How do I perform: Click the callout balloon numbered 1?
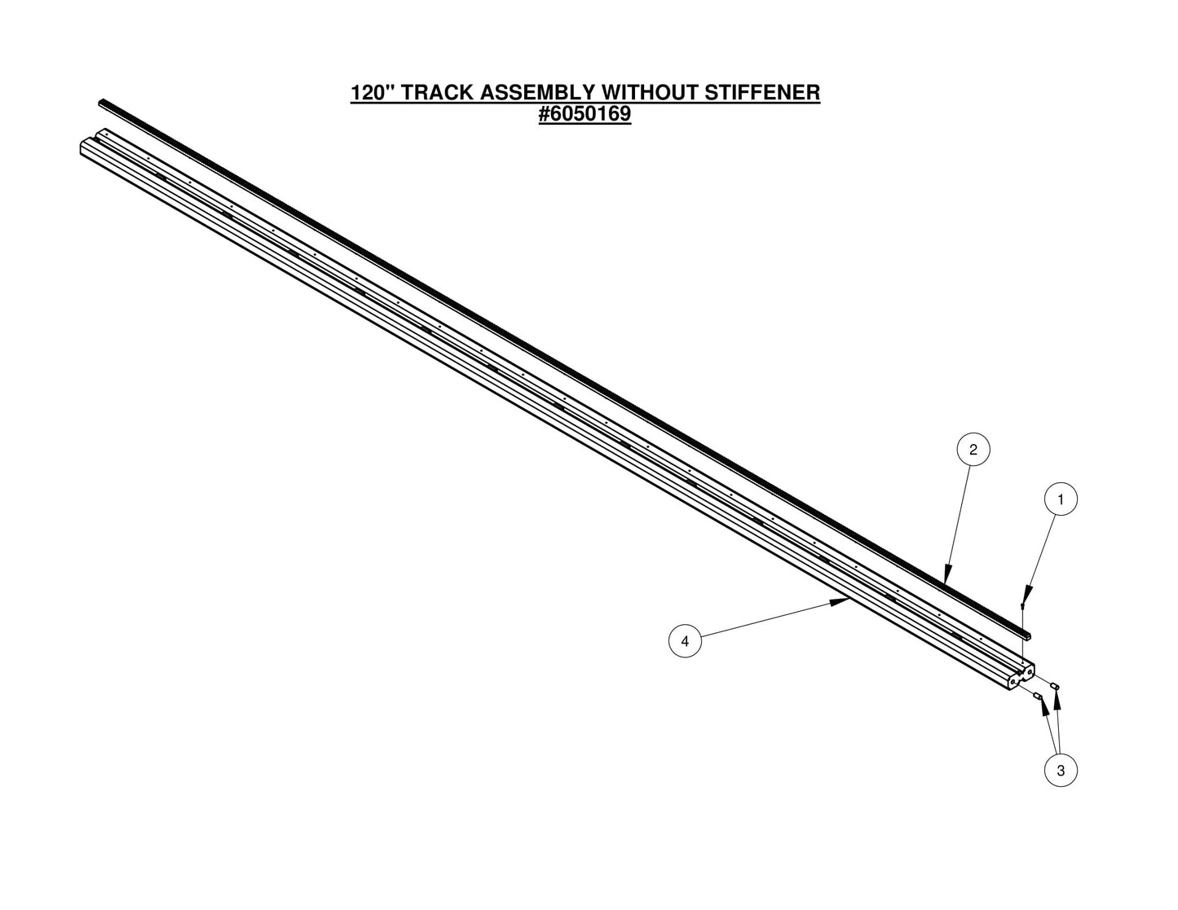[1061, 499]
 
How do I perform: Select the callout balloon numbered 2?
[973, 449]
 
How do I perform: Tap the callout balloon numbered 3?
[1061, 770]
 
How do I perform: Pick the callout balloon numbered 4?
[685, 641]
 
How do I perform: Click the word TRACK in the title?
[438, 92]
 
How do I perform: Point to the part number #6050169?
[585, 114]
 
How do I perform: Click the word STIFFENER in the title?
[761, 92]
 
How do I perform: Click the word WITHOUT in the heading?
[648, 92]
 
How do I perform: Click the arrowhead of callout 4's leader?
[844, 602]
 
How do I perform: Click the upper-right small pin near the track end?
[1055, 686]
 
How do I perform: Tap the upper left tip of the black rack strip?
[102, 103]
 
